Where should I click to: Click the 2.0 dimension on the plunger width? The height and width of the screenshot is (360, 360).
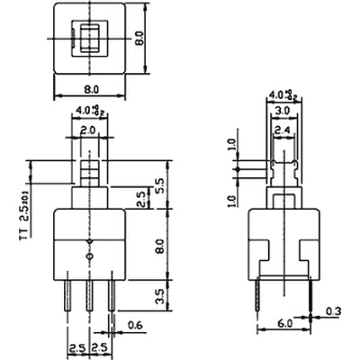(87, 130)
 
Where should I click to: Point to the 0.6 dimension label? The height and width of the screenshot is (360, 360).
(135, 325)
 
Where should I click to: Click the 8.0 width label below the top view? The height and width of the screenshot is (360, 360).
(87, 90)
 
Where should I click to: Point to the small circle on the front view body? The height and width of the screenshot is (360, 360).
(88, 257)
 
